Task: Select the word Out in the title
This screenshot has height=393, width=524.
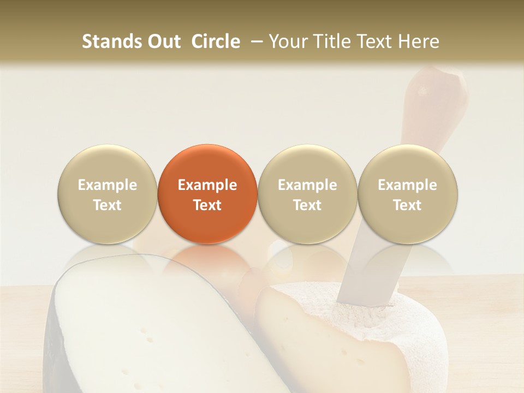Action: coord(163,41)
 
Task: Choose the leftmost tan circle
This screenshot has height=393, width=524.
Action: coord(108,194)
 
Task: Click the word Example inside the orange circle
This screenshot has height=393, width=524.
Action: coord(207,185)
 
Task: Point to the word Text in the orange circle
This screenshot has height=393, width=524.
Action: coord(207,205)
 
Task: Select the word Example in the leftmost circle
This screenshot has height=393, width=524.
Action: coord(108,185)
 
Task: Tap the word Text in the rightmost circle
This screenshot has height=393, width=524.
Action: coord(407,205)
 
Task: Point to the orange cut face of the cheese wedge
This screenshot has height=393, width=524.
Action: coord(306,338)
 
